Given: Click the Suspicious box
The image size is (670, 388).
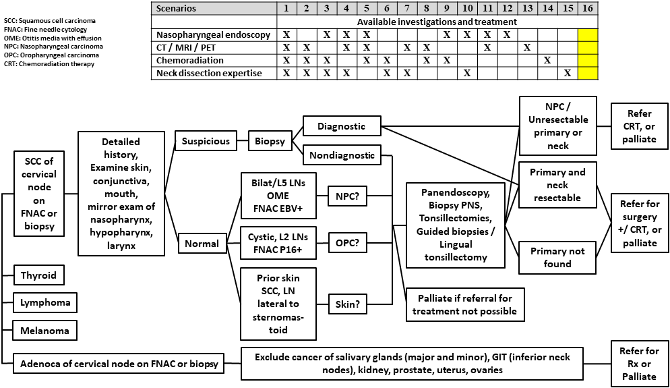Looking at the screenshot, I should (206, 142).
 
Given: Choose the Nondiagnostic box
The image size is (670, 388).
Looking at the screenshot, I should (342, 155).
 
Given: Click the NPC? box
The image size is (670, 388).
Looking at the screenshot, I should (346, 196).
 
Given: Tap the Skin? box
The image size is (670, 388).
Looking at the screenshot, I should (346, 304).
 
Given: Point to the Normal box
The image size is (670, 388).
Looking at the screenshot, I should (203, 244).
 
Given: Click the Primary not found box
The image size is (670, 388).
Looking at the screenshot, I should (557, 257).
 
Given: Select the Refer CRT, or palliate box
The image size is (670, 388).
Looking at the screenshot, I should (640, 126).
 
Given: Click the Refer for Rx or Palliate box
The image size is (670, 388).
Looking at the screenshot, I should (638, 364).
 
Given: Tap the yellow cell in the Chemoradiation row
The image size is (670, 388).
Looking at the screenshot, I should (588, 60).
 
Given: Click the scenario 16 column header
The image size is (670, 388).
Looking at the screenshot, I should (588, 9).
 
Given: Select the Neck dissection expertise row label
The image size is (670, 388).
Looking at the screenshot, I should (209, 73).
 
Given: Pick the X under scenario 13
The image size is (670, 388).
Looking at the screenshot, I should (527, 47).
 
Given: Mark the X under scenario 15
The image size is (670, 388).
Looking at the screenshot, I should (568, 73).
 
